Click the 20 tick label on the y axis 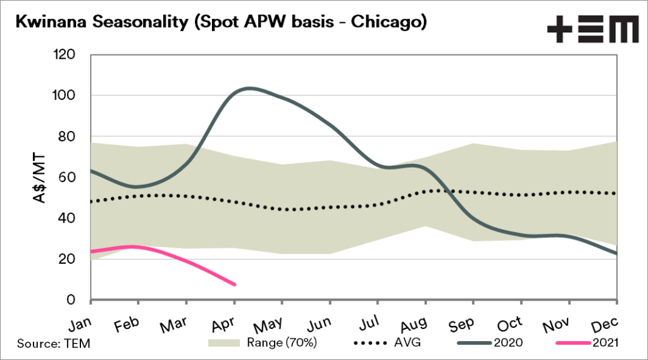click(70, 259)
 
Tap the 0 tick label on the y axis click(74, 300)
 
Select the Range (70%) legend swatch click(224, 344)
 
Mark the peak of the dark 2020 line click(250, 88)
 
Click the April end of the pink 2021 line click(235, 285)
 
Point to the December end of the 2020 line click(617, 254)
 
